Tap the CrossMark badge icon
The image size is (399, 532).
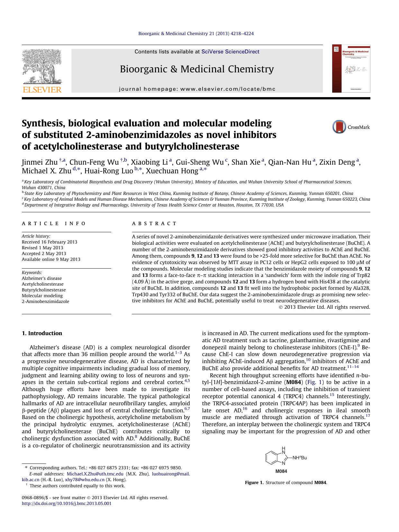339,127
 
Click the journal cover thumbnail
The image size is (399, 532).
351,69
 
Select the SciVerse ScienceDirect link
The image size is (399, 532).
230,52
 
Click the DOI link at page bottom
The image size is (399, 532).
67,503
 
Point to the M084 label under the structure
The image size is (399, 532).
281,471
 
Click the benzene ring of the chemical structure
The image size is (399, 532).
272,457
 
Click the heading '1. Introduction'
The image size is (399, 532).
42,333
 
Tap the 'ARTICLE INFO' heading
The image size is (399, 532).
54,223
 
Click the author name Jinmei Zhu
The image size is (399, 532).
40,162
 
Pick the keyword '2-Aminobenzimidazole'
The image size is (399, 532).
45,301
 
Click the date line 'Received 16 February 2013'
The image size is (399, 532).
50,242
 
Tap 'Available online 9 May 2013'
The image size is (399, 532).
51,259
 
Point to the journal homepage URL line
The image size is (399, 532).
197,89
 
